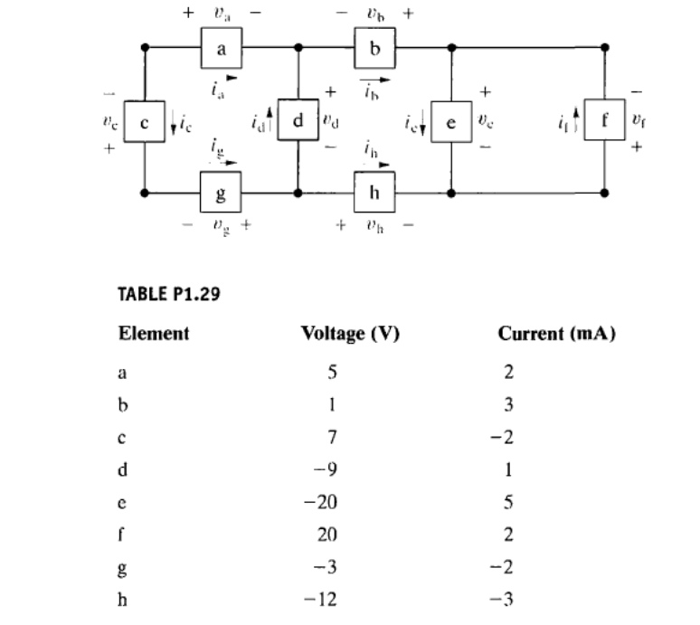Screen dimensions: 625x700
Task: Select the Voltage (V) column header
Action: [x=350, y=333]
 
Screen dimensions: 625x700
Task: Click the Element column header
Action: [x=154, y=333]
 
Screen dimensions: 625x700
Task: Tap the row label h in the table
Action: [x=123, y=601]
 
